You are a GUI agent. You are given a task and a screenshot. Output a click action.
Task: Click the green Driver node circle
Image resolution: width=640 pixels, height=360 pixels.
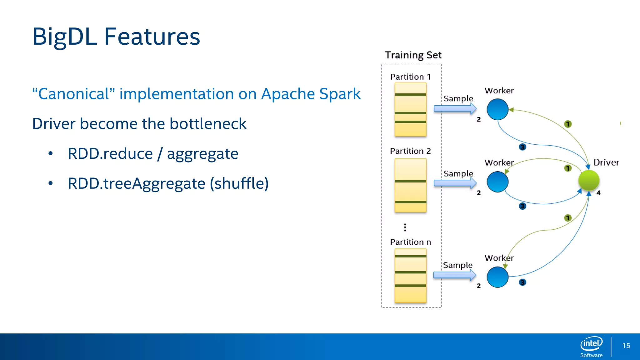pos(589,181)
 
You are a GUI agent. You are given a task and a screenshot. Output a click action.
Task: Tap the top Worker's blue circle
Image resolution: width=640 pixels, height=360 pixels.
pos(497,109)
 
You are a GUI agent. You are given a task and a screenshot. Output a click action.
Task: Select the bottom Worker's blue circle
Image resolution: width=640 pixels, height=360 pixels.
pos(497,277)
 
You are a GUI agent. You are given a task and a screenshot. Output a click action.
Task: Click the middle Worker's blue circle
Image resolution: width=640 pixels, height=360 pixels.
pos(497,182)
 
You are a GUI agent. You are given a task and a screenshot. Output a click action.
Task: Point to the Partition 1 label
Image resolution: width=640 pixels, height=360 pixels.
pos(410,77)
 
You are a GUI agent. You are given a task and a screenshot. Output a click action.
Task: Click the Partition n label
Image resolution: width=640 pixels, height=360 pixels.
pos(410,242)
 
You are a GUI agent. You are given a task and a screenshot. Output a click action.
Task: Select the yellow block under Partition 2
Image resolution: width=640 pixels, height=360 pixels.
pos(410,185)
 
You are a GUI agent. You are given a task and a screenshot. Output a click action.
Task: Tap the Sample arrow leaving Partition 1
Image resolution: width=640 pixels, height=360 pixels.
pos(455,109)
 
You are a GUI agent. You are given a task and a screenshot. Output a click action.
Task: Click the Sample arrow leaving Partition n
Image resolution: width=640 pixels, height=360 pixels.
pos(455,275)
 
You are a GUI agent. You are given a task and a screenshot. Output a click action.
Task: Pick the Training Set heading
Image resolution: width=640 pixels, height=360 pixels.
pos(413,55)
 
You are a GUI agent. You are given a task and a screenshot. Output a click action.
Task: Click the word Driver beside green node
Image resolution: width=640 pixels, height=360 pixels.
pos(606,162)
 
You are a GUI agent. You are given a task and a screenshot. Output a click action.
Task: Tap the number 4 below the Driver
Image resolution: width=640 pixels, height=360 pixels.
pos(598,193)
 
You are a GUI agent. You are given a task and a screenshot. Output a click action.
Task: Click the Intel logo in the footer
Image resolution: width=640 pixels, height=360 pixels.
pos(591,344)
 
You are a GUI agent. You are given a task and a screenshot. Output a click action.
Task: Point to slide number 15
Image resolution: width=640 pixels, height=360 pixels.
pos(626,346)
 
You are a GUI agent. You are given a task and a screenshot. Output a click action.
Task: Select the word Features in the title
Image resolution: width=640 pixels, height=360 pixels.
pos(152,37)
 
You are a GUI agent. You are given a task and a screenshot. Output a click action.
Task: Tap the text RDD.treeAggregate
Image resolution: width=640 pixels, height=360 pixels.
pos(137,183)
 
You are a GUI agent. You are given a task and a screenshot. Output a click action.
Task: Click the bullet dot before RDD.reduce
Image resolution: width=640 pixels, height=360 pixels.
pos(51,153)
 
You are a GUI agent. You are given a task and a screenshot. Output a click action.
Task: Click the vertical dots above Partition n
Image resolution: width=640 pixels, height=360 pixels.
pos(405,227)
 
